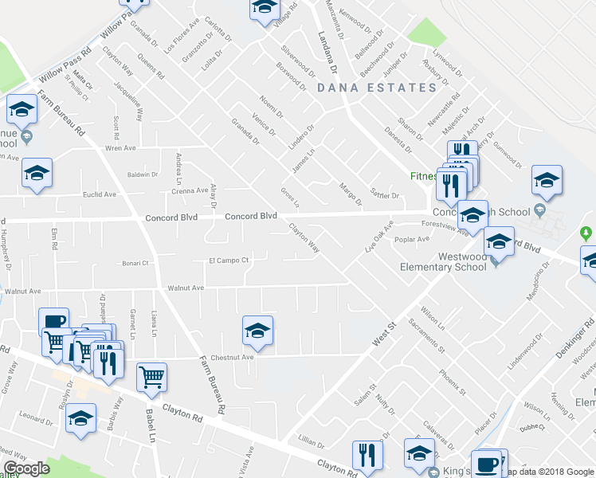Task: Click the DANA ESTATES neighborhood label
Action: (377, 88)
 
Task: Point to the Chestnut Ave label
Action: (237, 358)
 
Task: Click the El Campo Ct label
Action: (229, 261)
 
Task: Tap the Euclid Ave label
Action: (100, 194)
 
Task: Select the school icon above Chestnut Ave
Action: (257, 331)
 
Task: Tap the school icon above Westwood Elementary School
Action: (499, 241)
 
